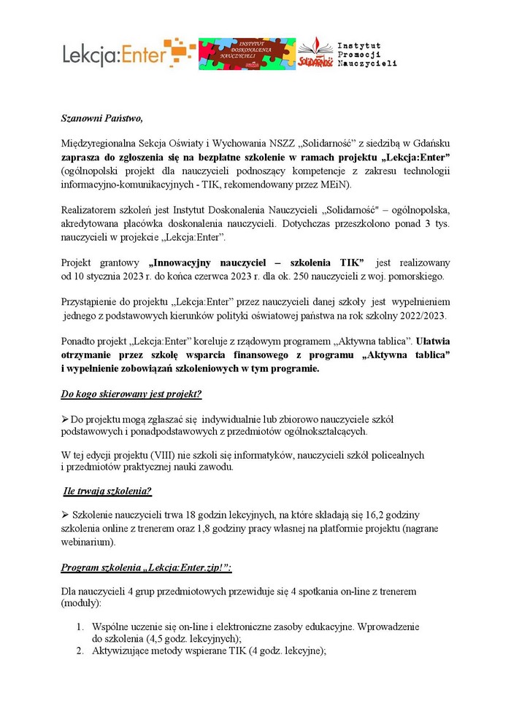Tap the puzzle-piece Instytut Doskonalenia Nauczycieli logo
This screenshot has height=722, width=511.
tap(247, 54)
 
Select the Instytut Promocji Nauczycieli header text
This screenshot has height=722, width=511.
tap(362, 54)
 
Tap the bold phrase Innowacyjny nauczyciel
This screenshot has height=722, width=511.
tap(202, 263)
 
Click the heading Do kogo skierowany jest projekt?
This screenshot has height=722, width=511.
tap(131, 395)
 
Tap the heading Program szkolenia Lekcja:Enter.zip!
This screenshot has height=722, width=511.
tap(146, 568)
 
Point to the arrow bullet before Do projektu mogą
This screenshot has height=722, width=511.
tap(64, 419)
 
